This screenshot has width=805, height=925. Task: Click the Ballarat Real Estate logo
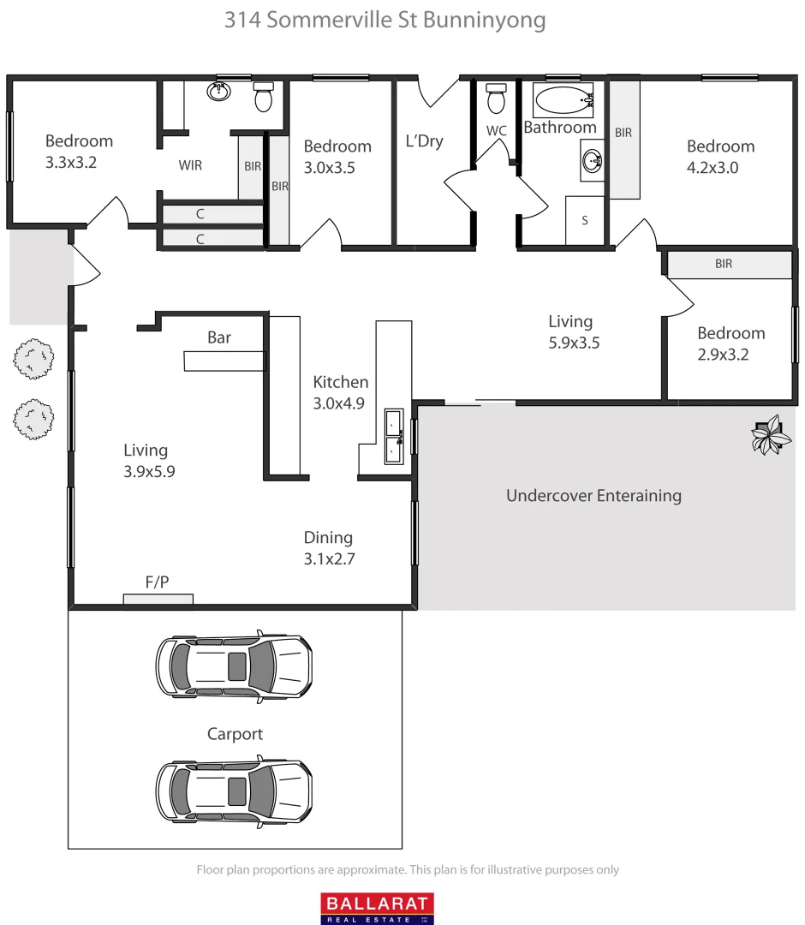click(377, 908)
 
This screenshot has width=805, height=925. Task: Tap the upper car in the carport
click(233, 665)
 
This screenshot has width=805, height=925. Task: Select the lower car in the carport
click(233, 790)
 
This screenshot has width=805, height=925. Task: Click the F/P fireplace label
click(157, 582)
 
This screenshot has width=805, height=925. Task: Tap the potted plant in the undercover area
click(770, 435)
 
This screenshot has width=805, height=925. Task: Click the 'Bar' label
click(219, 337)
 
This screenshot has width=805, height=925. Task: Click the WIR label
click(190, 165)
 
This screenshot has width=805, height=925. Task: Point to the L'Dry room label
click(425, 141)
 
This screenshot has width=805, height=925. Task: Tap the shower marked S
click(585, 220)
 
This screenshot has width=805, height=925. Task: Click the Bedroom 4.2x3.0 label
click(720, 157)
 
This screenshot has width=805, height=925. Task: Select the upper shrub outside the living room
click(33, 359)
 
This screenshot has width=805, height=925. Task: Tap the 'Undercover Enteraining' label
click(593, 495)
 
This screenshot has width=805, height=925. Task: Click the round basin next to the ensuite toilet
click(222, 92)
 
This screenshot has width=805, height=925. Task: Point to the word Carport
click(235, 734)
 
